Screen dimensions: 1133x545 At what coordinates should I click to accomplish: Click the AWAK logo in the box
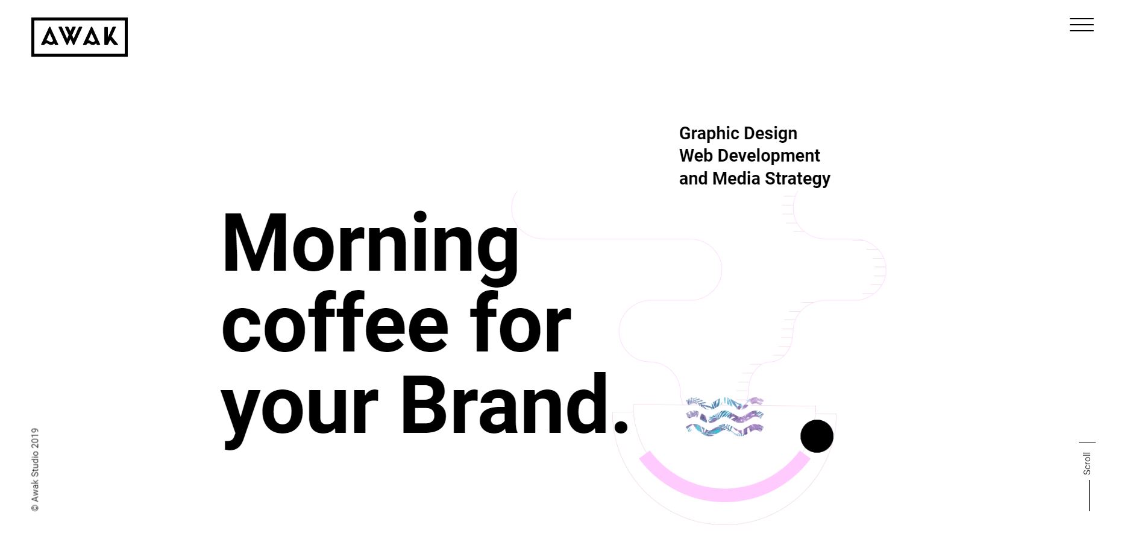80,37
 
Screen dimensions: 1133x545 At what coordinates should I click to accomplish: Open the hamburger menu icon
1082,25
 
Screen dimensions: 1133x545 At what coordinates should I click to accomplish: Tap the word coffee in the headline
336,322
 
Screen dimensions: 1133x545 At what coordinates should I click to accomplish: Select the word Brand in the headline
505,403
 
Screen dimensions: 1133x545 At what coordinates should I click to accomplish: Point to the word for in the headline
520,322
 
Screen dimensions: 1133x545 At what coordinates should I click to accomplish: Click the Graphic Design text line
738,134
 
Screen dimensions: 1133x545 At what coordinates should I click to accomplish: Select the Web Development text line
749,156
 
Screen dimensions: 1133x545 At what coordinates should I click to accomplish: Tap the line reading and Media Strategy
755,179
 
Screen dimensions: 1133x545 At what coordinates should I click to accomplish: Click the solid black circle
817,436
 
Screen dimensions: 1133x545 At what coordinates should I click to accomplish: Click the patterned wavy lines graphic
724,416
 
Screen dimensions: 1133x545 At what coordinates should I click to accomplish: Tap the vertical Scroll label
1087,463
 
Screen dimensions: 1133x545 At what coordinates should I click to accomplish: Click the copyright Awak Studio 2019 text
35,470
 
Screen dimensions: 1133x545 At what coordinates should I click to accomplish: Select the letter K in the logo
110,37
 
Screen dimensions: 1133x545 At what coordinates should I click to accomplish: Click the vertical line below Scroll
1089,496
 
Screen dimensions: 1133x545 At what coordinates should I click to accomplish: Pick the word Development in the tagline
768,156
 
